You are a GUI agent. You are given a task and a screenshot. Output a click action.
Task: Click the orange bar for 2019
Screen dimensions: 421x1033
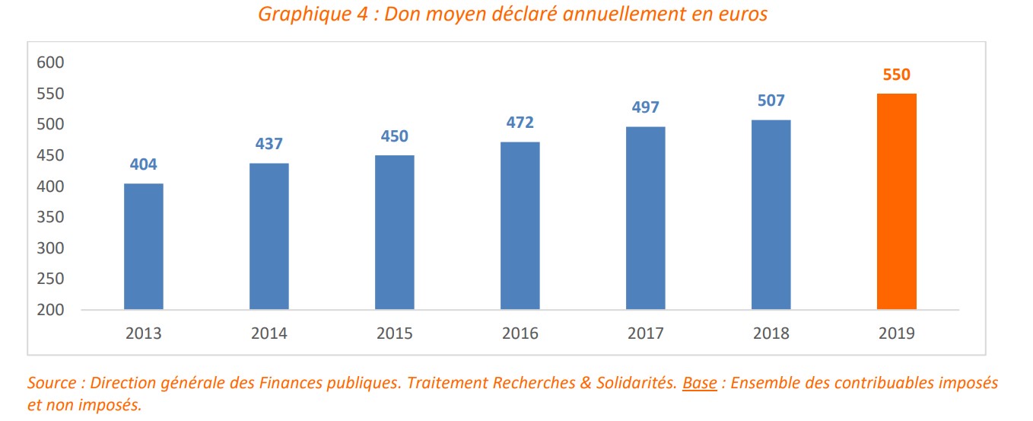tap(896, 202)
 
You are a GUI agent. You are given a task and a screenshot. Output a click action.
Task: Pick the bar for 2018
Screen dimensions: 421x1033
tap(771, 215)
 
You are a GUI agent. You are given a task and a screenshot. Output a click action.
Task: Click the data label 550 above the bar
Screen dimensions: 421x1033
tap(896, 75)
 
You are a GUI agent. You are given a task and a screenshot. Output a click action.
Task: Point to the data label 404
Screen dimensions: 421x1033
tap(144, 164)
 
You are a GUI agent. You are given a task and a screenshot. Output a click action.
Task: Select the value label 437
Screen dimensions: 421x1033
tap(269, 145)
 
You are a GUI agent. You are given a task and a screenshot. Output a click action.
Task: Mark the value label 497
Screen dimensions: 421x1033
tap(645, 107)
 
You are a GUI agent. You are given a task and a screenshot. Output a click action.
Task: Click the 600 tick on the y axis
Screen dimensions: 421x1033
tap(51, 62)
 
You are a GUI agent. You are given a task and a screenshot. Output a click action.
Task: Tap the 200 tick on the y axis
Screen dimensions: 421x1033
tap(51, 310)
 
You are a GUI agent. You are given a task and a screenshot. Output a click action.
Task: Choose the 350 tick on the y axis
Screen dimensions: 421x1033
tap(51, 217)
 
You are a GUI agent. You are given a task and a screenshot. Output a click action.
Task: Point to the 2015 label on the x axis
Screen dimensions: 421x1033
tap(395, 333)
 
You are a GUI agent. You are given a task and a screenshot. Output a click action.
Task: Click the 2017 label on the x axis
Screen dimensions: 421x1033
tap(645, 333)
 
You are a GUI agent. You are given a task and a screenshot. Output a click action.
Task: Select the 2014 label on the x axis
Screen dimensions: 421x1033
tap(269, 333)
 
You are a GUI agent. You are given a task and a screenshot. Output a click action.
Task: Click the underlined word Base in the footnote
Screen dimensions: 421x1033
tap(699, 383)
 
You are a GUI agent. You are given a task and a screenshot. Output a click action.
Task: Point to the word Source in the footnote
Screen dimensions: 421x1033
tap(51, 383)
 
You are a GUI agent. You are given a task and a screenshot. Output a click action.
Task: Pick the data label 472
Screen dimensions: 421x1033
tap(520, 123)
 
